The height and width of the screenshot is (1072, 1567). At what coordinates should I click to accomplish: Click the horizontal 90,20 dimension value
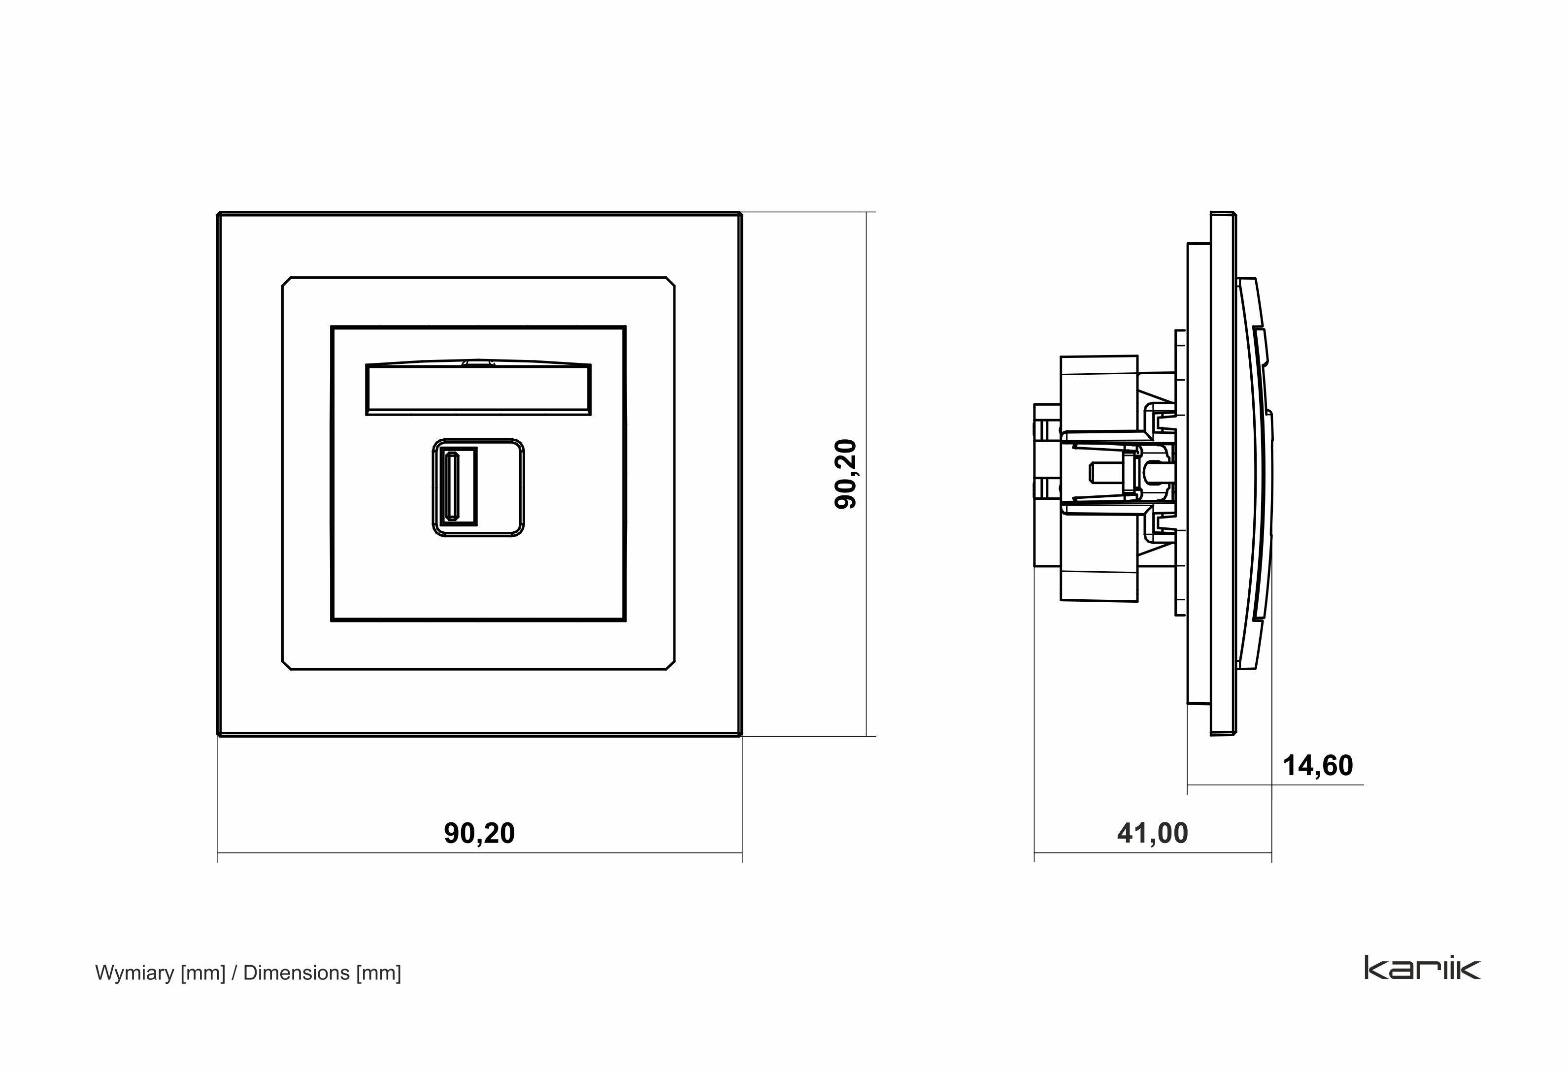tap(479, 833)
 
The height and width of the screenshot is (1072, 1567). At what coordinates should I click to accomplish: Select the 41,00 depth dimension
tap(1152, 833)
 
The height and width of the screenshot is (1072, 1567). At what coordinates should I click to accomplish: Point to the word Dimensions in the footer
tap(296, 973)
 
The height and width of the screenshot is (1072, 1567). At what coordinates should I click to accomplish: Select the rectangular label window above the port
tap(478, 390)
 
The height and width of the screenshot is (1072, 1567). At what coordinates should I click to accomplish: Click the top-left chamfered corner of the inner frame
tap(287, 281)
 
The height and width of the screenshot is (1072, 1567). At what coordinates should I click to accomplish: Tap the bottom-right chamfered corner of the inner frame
tap(670, 665)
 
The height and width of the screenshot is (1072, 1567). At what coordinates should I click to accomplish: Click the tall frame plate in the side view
tap(1223, 472)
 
